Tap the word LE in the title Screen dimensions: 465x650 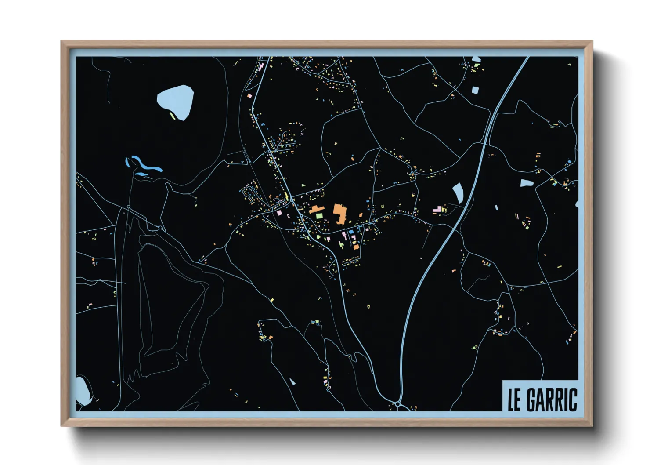point(514,400)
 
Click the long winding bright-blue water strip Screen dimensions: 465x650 point(144,165)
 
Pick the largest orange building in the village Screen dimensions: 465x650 point(339,213)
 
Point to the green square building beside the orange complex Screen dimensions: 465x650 point(319,216)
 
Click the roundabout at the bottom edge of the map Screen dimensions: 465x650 point(397,403)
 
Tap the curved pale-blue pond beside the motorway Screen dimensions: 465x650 point(458,193)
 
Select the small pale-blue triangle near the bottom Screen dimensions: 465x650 point(292,382)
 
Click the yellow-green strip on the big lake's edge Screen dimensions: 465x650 point(172,116)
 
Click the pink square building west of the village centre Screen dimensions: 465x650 point(279,213)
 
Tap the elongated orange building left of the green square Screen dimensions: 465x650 point(316,209)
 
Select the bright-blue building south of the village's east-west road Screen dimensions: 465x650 point(351,231)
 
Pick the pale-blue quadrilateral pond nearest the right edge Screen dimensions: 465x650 point(527,183)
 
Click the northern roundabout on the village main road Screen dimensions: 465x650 point(292,200)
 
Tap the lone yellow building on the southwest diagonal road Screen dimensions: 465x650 point(272,300)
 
